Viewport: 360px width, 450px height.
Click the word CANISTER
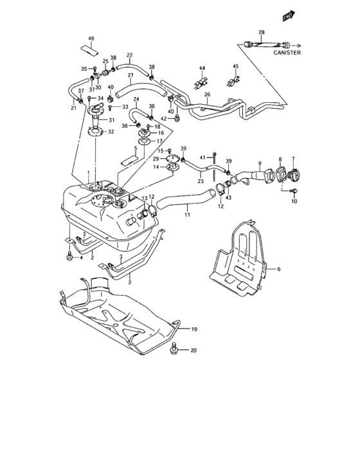287,53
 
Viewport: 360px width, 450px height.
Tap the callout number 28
262,32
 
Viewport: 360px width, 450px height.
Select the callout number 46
91,39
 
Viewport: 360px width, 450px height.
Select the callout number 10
294,202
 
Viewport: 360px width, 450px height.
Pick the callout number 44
201,68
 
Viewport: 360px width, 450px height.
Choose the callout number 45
235,66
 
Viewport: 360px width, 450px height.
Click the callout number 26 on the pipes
207,94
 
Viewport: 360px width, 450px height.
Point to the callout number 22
129,55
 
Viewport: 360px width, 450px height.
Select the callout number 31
111,120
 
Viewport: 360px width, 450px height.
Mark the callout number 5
136,148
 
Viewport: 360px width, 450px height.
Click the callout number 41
202,157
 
